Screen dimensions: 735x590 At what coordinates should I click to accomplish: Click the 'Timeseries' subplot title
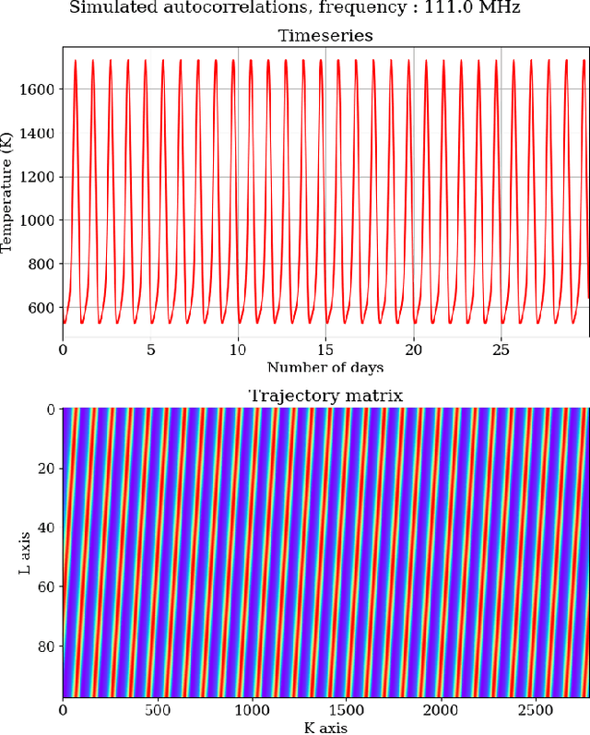324,36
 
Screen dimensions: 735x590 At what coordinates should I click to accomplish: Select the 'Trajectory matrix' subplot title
324,396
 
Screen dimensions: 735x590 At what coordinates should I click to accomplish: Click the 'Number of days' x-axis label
324,367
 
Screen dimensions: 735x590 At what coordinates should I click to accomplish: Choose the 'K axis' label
324,728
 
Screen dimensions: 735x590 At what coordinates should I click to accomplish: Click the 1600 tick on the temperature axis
37,89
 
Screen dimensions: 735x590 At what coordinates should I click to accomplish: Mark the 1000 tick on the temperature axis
37,220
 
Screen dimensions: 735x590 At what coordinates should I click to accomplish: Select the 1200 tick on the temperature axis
37,177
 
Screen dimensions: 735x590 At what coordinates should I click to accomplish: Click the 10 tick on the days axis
238,350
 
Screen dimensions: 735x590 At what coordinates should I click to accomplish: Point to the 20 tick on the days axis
413,350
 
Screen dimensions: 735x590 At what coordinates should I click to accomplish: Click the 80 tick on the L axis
46,645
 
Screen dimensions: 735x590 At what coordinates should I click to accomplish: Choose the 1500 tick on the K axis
348,711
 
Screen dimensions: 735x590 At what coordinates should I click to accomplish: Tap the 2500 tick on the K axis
537,711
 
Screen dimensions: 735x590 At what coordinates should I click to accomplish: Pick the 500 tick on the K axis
158,711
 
